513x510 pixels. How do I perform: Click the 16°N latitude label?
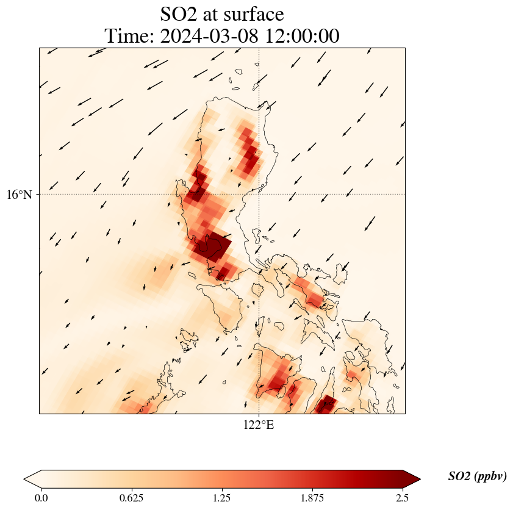pyautogui.click(x=23, y=195)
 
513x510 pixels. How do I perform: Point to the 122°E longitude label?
pyautogui.click(x=259, y=425)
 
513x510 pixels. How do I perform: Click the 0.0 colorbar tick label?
pyautogui.click(x=41, y=498)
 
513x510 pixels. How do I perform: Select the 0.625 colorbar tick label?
pyautogui.click(x=132, y=498)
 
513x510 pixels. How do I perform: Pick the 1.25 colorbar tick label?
pyautogui.click(x=222, y=498)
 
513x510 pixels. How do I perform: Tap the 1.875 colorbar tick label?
pyautogui.click(x=312, y=498)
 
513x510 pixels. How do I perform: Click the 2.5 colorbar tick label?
pyautogui.click(x=403, y=498)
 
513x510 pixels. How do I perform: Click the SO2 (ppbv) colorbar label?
pyautogui.click(x=477, y=476)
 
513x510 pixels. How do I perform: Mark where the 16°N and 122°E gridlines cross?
pyautogui.click(x=259, y=195)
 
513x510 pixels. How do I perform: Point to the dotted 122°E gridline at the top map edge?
pyautogui.click(x=259, y=48)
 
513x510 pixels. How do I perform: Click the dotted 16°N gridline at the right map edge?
pyautogui.click(x=404, y=195)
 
